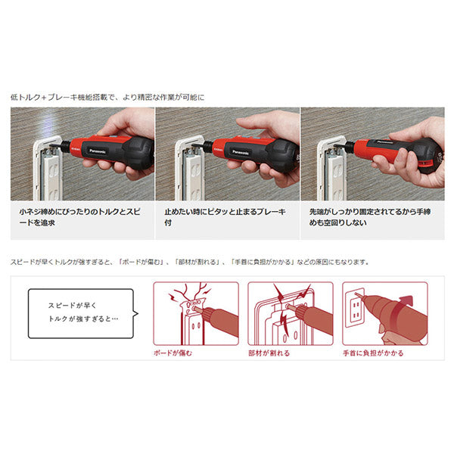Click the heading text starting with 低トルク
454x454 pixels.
(107, 97)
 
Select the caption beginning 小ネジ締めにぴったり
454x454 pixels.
(81, 221)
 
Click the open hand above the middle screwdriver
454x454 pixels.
(265, 126)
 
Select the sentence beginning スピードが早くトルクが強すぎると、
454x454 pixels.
(190, 262)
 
